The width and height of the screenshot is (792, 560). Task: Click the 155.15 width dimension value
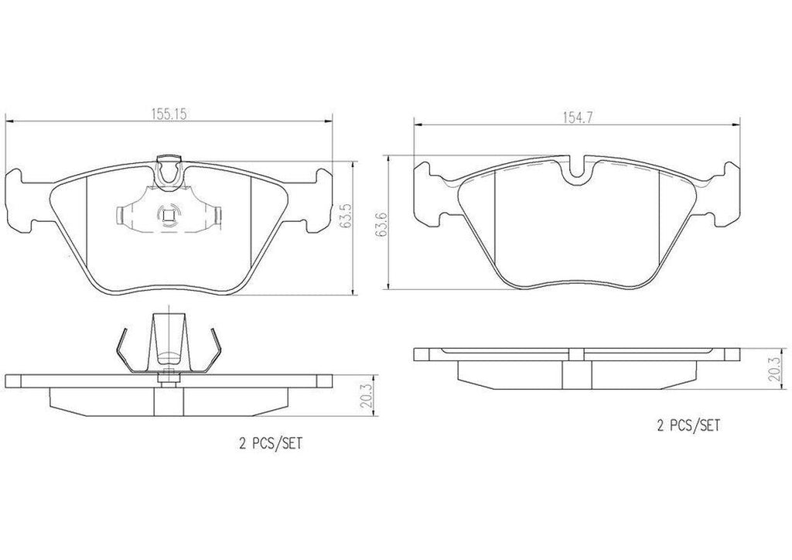point(169,112)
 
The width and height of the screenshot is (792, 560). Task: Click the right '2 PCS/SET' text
point(688,425)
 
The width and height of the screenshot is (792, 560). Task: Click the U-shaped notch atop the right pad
point(576,172)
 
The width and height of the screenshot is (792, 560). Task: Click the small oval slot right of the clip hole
point(218,214)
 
